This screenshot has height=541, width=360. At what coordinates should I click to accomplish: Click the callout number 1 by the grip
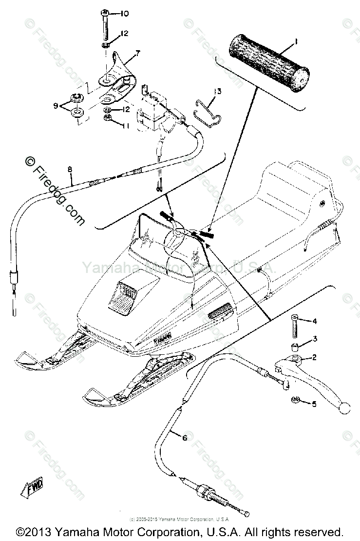(x=296, y=43)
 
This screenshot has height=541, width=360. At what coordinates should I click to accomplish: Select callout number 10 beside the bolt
(x=111, y=13)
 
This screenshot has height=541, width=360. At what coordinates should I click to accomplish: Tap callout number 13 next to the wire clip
(x=217, y=91)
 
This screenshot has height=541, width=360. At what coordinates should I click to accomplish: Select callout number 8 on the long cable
(x=70, y=169)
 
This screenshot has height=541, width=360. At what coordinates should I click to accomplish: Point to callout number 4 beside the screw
(x=315, y=321)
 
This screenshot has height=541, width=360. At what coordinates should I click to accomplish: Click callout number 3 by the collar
(x=315, y=338)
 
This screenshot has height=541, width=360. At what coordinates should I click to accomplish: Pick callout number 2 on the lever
(x=314, y=358)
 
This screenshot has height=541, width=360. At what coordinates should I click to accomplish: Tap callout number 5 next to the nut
(x=314, y=404)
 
